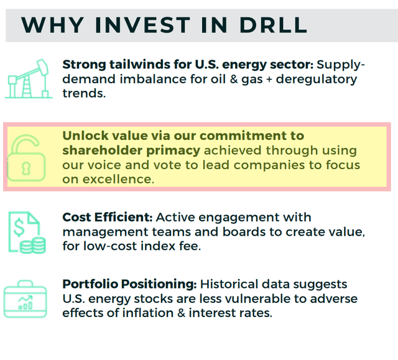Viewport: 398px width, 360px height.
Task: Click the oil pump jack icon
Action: click(x=28, y=79)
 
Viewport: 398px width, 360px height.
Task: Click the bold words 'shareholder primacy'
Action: click(x=131, y=150)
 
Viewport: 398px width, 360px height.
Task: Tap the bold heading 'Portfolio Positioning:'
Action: click(x=129, y=284)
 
